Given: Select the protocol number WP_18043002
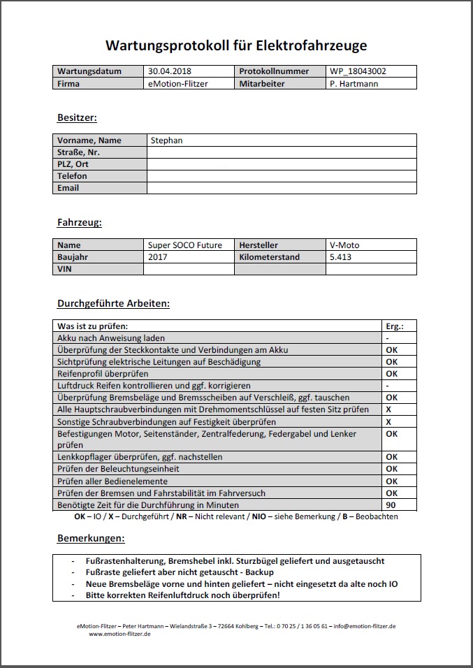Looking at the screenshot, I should pyautogui.click(x=358, y=71).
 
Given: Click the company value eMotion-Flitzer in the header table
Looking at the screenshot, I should pyautogui.click(x=178, y=83).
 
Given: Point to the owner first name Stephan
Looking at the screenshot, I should pyautogui.click(x=166, y=140).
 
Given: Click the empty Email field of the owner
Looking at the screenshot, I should pyautogui.click(x=281, y=188).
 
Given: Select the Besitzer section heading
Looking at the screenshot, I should pyautogui.click(x=77, y=117).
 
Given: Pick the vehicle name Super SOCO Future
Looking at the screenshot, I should pyautogui.click(x=185, y=245).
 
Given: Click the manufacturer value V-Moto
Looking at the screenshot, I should pyautogui.click(x=344, y=245).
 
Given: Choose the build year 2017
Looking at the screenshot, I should pyautogui.click(x=159, y=257).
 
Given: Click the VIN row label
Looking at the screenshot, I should pyautogui.click(x=65, y=269).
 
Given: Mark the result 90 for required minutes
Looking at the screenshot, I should pyautogui.click(x=391, y=504).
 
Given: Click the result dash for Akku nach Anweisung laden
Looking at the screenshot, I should pyautogui.click(x=387, y=338).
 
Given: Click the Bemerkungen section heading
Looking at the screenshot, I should pyautogui.click(x=90, y=539).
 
